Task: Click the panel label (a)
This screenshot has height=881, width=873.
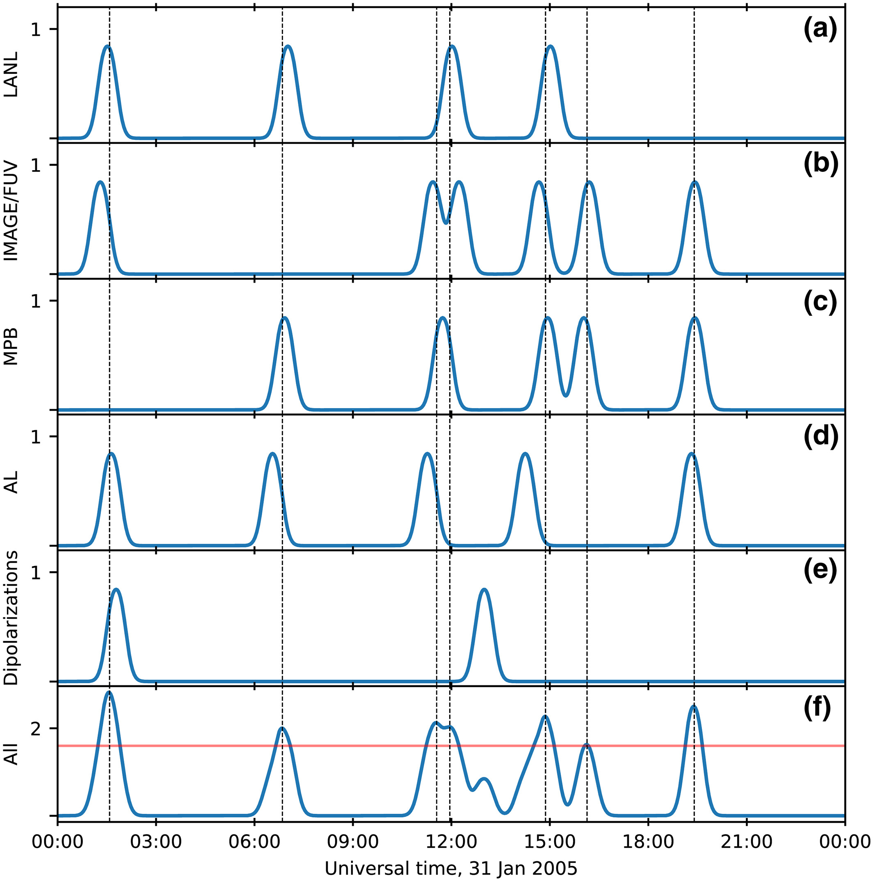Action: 820,30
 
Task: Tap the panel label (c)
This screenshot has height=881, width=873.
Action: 820,302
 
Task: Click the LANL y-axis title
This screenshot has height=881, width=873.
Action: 11,74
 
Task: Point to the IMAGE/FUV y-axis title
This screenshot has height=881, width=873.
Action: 11,211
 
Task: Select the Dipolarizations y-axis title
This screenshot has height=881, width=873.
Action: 11,618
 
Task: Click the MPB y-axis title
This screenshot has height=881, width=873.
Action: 11,347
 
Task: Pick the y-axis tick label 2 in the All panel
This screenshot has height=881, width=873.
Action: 36,729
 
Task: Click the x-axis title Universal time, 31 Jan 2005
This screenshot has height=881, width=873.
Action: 450,868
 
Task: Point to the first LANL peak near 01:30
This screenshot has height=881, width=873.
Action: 107,46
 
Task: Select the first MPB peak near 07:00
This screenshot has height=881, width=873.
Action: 285,317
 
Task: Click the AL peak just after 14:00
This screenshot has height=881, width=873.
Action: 526,453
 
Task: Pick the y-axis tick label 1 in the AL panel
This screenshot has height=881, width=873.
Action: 36,437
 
